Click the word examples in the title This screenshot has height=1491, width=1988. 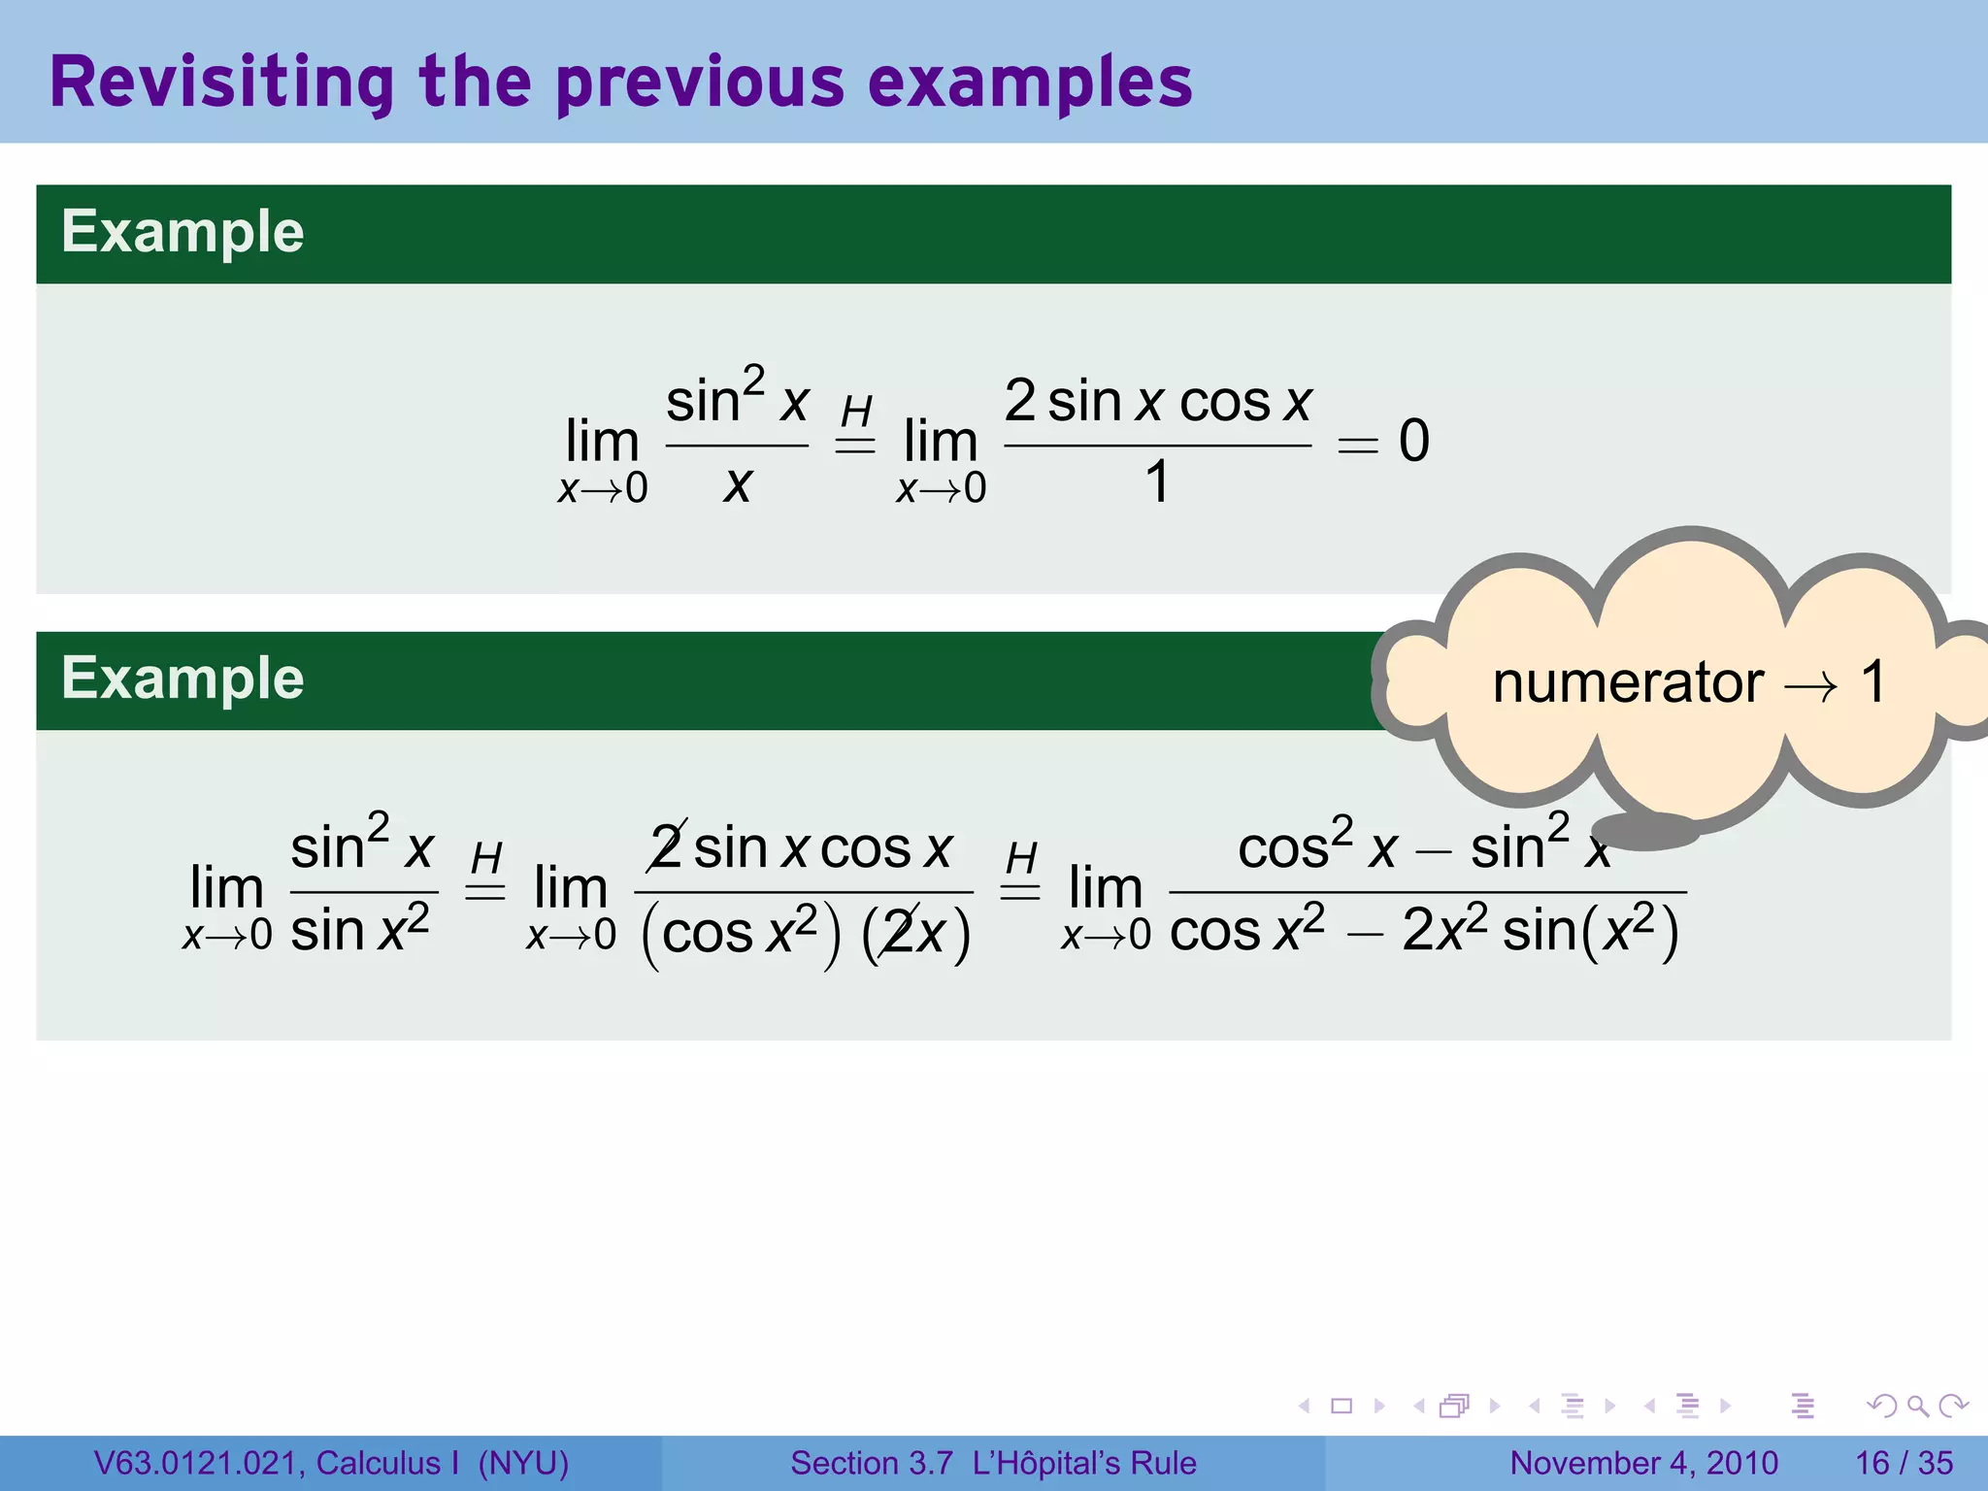coord(1030,83)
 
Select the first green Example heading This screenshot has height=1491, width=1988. coord(182,232)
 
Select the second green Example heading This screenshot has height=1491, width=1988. coord(182,679)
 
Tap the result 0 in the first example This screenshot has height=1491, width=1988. coord(1413,441)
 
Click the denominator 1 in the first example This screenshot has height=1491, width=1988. coord(1157,481)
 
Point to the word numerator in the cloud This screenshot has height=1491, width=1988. coord(1628,682)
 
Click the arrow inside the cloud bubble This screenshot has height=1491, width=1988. coord(1810,687)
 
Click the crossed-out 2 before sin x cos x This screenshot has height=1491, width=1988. coord(667,847)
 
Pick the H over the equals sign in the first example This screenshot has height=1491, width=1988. coord(856,412)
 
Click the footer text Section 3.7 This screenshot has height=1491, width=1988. coord(871,1463)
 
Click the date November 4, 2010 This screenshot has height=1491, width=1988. coord(1643,1463)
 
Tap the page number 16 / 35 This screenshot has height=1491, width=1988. coord(1904,1463)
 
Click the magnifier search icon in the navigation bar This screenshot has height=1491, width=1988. coord(1917,1406)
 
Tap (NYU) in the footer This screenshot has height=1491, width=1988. coord(523,1463)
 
